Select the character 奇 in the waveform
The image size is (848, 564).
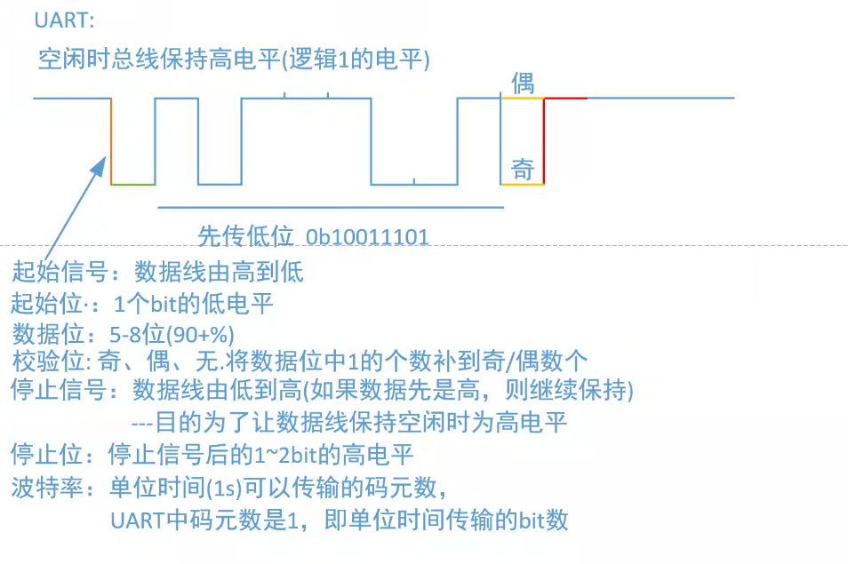point(522,169)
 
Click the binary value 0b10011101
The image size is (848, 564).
point(368,237)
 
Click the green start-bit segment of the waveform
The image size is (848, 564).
point(133,184)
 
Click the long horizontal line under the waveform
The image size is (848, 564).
point(329,207)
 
